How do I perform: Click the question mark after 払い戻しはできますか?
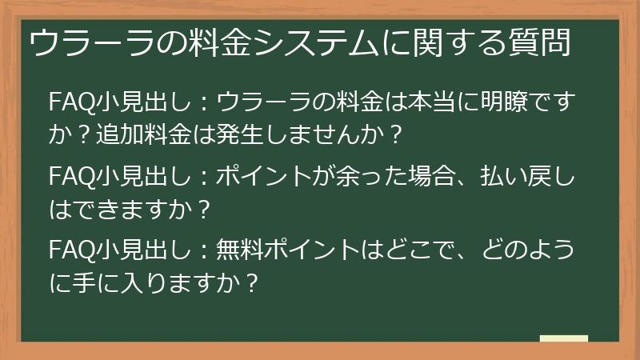click(x=203, y=208)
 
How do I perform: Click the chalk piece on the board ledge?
click(x=564, y=338)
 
